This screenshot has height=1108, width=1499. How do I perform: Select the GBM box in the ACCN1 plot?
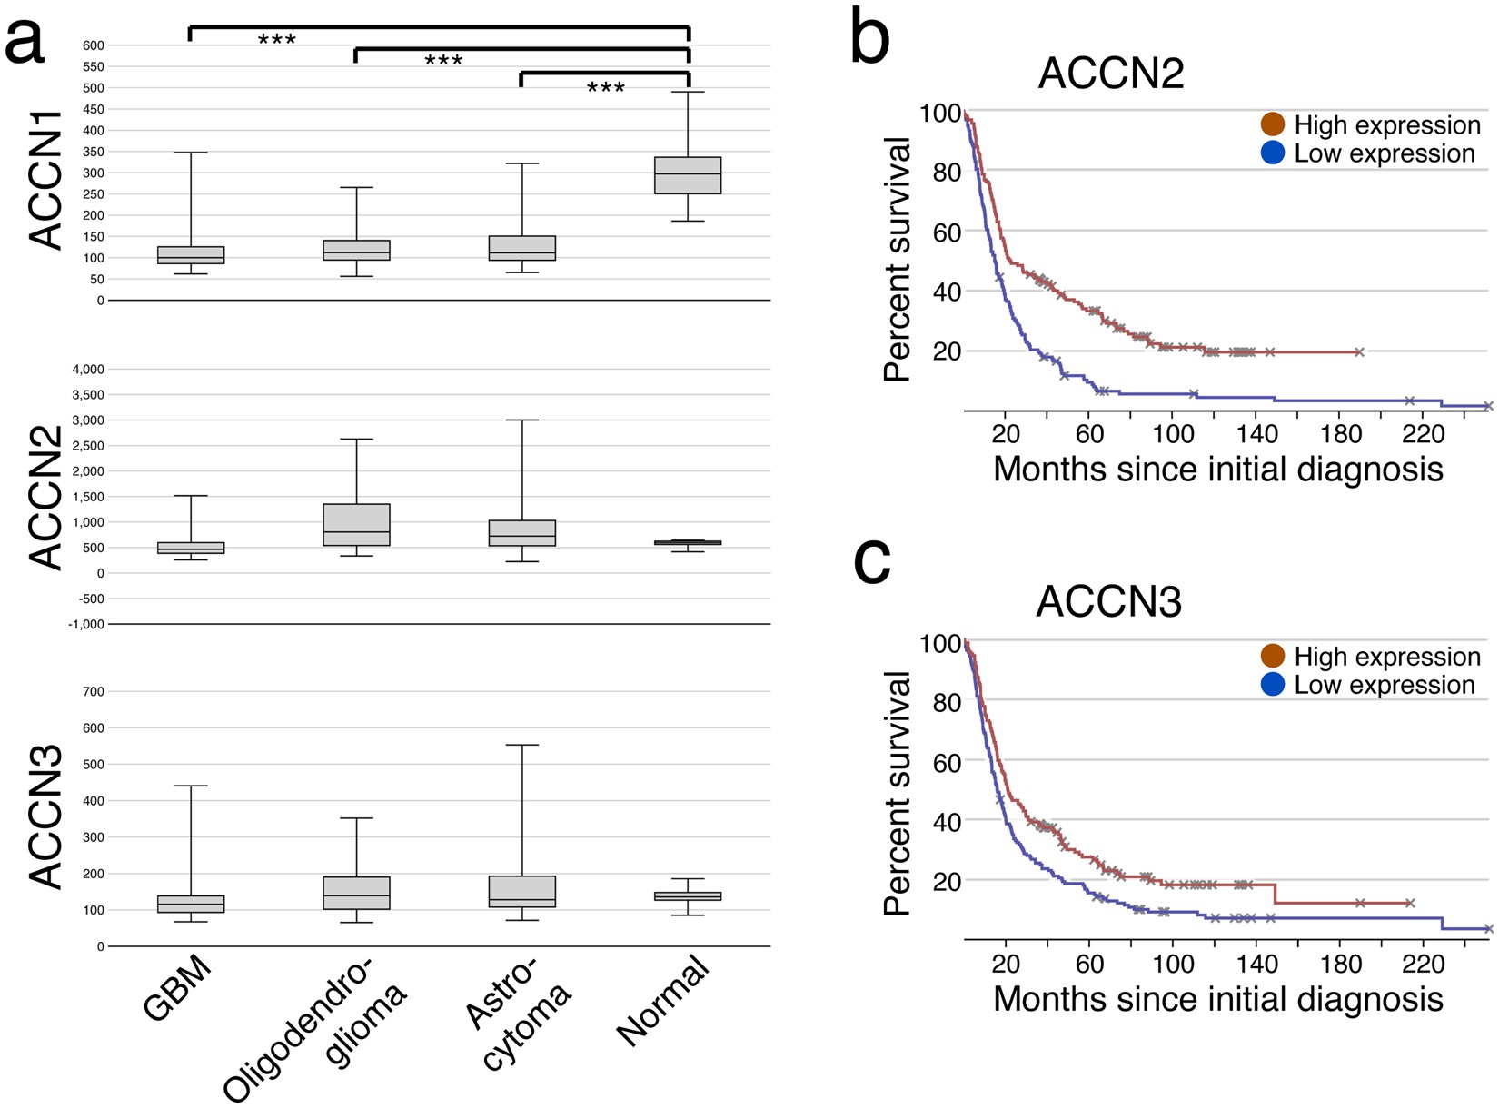click(x=191, y=255)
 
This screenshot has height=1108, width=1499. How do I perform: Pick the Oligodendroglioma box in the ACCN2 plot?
click(x=357, y=525)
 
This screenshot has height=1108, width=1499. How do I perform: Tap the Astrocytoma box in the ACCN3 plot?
click(x=522, y=892)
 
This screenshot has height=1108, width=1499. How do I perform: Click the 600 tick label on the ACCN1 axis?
click(x=94, y=45)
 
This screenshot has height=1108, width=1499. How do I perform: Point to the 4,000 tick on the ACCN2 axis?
click(x=86, y=370)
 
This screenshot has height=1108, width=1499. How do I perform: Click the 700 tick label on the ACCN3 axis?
click(x=94, y=692)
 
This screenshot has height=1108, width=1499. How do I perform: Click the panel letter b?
click(x=869, y=38)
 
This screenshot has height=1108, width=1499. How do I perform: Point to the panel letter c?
click(x=871, y=560)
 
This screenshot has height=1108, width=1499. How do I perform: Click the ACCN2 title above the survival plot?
click(x=1111, y=74)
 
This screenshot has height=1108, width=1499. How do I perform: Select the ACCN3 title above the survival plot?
click(x=1108, y=602)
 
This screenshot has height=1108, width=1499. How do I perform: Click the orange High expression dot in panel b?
click(x=1273, y=124)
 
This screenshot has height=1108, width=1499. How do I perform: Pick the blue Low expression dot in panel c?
click(x=1273, y=685)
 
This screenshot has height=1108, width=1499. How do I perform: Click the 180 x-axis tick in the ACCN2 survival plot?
click(x=1341, y=434)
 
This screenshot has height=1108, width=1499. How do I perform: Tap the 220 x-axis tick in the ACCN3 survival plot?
click(x=1423, y=963)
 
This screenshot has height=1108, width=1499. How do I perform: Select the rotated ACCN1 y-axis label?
click(x=45, y=180)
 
